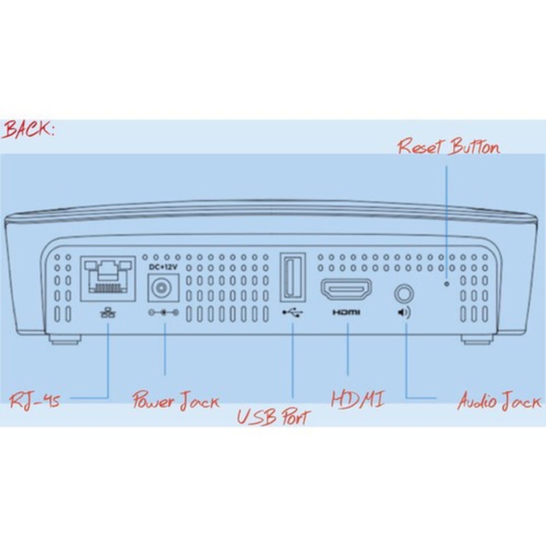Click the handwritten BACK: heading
coord(28,130)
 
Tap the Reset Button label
coord(448,147)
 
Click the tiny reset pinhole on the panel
coord(446,283)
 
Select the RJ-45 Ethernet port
coord(108,278)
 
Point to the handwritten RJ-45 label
coord(35,401)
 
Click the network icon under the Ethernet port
coord(108,312)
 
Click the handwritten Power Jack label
coord(176,401)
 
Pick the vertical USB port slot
coord(292,277)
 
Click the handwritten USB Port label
coord(273,417)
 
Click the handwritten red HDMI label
coord(358,399)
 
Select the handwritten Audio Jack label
coord(499,401)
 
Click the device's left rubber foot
coord(63,339)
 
